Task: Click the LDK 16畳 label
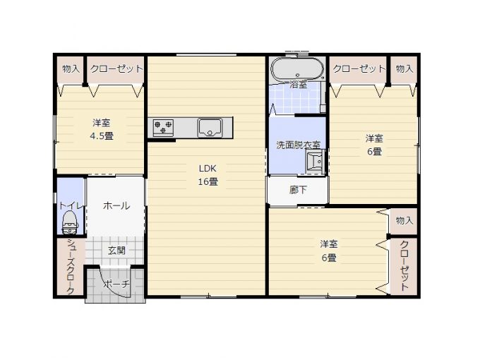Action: [x=208, y=175]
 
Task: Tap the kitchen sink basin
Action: [x=210, y=128]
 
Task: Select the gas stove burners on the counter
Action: [x=163, y=128]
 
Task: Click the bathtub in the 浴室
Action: [x=297, y=69]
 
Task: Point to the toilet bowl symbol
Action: [x=70, y=222]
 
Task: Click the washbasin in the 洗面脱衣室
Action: [x=316, y=162]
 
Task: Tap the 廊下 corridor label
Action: [x=298, y=190]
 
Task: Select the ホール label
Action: [x=116, y=205]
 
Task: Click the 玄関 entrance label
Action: [x=116, y=251]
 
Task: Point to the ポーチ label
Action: [x=116, y=284]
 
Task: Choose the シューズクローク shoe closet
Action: [x=71, y=266]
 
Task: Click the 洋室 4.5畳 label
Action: [x=102, y=129]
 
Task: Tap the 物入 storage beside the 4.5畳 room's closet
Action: [x=71, y=69]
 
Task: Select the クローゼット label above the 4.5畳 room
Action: [x=116, y=68]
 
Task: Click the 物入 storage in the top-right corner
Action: [x=404, y=69]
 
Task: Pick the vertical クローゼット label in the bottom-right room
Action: [x=404, y=265]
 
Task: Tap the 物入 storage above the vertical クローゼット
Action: [x=404, y=221]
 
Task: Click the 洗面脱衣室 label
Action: [x=298, y=145]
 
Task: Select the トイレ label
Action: [x=71, y=205]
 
